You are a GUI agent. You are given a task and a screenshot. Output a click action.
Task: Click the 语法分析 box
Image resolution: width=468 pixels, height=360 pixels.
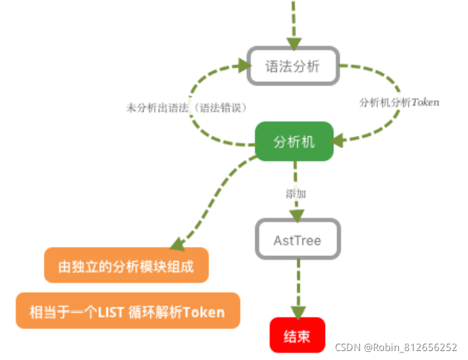tap(292, 65)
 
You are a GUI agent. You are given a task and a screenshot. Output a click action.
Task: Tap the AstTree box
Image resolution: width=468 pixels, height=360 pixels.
tap(298, 240)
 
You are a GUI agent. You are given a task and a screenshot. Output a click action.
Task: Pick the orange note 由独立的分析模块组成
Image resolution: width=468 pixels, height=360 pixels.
tap(126, 266)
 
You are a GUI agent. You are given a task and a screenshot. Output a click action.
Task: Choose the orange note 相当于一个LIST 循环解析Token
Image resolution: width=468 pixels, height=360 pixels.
tap(128, 311)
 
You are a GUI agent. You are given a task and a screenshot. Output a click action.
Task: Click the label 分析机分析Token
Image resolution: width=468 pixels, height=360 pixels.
tap(399, 102)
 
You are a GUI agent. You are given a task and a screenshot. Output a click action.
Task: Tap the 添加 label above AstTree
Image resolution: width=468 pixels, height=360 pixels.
tap(296, 193)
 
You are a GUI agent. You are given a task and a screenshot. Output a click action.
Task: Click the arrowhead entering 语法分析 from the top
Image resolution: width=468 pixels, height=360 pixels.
tap(293, 41)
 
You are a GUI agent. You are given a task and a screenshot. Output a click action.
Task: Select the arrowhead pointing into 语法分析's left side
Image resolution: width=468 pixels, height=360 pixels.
tap(242, 65)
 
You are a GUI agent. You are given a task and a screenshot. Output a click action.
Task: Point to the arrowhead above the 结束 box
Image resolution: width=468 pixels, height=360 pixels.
tap(298, 312)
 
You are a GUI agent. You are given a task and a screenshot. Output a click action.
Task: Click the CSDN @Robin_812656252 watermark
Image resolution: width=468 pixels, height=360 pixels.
tap(395, 347)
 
